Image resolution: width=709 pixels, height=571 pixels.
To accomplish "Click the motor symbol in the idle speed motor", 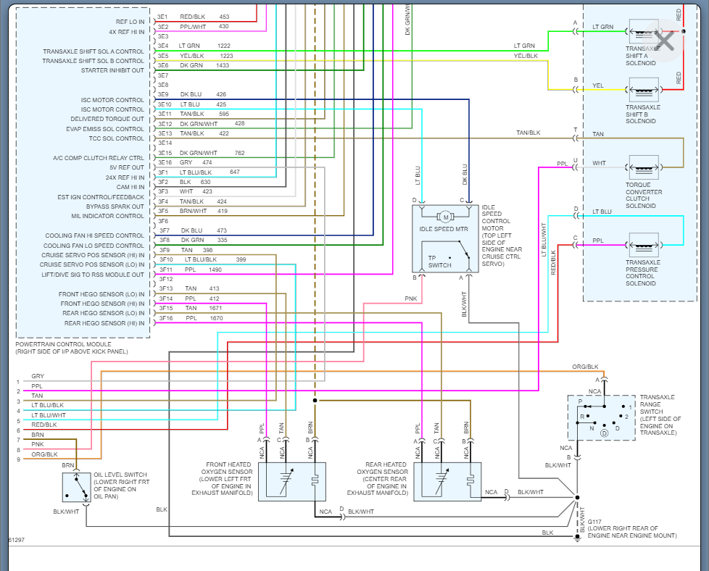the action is [445, 217].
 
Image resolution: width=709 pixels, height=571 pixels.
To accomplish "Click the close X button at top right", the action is [664, 41].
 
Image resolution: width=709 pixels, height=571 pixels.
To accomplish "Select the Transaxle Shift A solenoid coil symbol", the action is [644, 32].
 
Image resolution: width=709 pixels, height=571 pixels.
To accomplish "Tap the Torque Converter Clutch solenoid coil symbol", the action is [644, 167].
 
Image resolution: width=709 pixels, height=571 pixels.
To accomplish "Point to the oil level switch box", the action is [76, 488].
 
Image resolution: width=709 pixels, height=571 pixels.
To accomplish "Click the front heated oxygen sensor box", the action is [291, 481].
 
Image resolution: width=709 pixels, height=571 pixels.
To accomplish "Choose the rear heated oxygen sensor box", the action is [447, 481].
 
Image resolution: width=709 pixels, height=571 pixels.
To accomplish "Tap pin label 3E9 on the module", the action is [163, 94].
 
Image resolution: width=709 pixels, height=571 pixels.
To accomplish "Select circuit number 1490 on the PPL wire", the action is [215, 270].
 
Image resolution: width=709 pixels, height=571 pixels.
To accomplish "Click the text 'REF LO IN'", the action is [130, 22].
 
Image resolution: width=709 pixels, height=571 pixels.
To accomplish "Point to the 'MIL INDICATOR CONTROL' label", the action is [107, 216].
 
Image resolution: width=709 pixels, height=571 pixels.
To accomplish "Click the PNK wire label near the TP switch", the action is [410, 299].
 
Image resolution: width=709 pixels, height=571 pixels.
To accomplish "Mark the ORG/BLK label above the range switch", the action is [585, 367].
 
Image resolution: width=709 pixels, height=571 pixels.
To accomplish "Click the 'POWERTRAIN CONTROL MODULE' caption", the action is [63, 344].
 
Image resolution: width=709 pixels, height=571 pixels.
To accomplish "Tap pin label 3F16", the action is [166, 318].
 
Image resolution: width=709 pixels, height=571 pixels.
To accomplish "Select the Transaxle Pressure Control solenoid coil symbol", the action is [644, 246].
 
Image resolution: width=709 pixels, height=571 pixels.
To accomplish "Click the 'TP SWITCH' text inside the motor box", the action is [439, 262].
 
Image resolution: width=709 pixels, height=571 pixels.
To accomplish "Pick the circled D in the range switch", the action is [604, 433].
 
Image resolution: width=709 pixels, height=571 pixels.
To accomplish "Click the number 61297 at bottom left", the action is [16, 540].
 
